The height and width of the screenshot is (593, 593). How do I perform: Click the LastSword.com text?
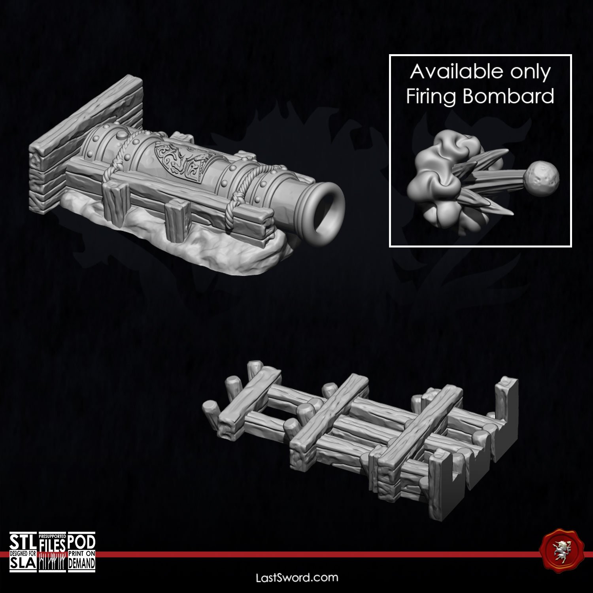click(297, 578)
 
